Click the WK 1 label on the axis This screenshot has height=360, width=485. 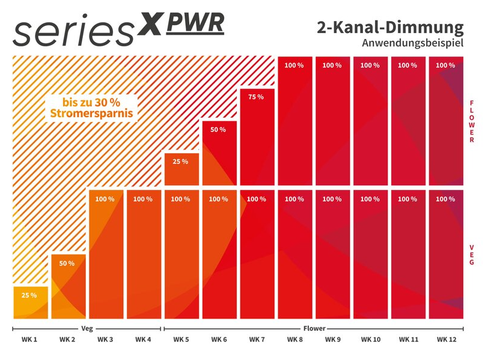point(30,340)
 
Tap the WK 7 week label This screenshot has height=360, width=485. point(257,340)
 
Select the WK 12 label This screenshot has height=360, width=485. point(445,340)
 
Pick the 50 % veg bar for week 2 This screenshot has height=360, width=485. point(67,287)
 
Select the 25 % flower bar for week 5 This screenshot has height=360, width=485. point(181,169)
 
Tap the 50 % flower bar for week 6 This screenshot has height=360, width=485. point(219,153)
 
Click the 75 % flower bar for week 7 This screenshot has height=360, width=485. point(257,137)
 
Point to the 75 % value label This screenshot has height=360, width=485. point(257,97)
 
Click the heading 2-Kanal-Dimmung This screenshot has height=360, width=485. point(390,28)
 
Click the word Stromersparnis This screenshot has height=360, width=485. point(91,112)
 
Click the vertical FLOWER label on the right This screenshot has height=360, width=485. point(472,121)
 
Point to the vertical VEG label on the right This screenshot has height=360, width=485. point(472,254)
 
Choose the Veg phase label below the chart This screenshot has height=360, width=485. point(87,329)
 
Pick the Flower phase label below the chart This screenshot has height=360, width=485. point(313,329)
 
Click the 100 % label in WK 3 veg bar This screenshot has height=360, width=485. point(105,199)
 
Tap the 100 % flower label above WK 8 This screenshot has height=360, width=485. point(294,66)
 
